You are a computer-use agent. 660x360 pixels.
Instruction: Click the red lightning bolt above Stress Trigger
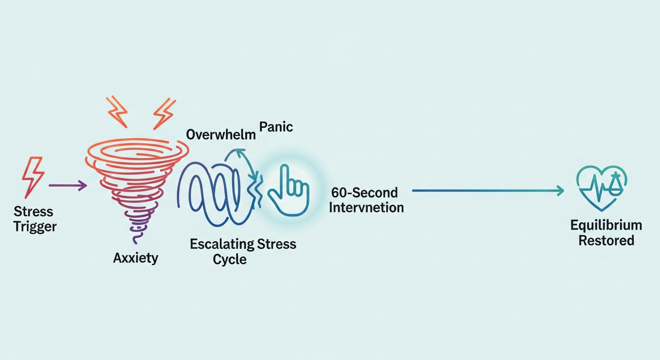tap(33, 178)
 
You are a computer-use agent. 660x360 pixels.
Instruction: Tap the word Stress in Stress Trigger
tap(33, 212)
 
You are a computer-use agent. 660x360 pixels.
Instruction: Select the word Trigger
tap(35, 227)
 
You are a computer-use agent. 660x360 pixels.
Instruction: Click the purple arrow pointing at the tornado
tap(68, 186)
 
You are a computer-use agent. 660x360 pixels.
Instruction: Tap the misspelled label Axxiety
tap(135, 257)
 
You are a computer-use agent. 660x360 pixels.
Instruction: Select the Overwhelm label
tap(221, 135)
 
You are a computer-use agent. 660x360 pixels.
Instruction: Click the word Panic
tap(277, 127)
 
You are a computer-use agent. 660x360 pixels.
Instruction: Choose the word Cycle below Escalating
tap(230, 259)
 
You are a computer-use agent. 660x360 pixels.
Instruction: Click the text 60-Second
tap(364, 192)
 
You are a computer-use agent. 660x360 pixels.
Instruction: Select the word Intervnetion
tap(366, 207)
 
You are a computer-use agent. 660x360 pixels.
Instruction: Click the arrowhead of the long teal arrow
tap(559, 190)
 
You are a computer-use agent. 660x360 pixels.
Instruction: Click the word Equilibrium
tap(606, 225)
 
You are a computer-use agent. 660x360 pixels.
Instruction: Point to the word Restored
tap(606, 241)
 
